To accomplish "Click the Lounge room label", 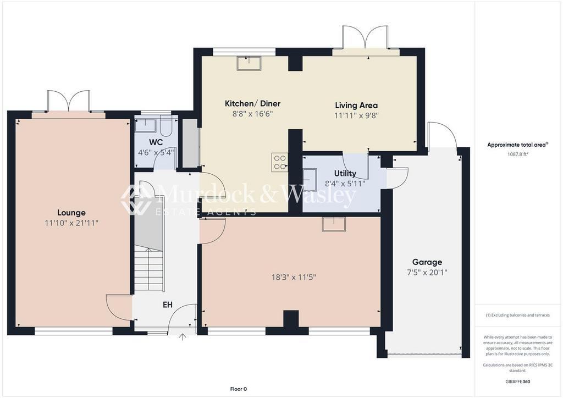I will click(x=71, y=213).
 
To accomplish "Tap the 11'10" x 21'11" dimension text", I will click(x=71, y=223).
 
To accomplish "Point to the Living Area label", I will click(x=356, y=105).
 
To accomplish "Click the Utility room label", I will click(x=345, y=173).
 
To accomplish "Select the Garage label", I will click(x=427, y=262).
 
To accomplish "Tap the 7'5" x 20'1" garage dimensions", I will click(x=427, y=272).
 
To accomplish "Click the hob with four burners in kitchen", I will click(x=279, y=161).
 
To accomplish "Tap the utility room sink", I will click(x=310, y=180).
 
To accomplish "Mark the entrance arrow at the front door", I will click(x=183, y=337).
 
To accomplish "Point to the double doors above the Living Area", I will click(x=360, y=38).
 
